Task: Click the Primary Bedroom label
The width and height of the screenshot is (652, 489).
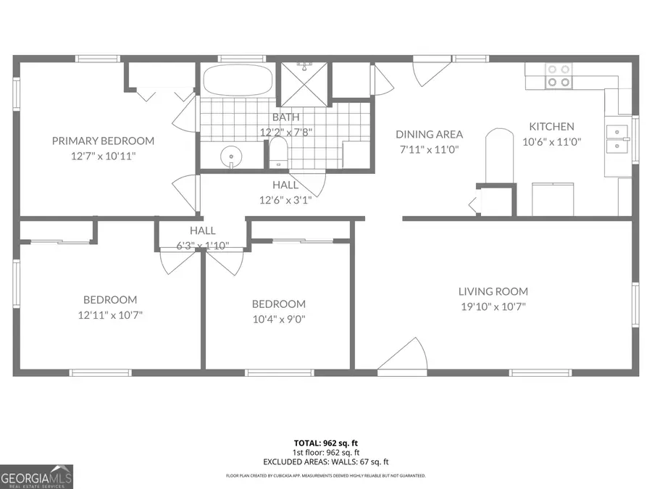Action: (x=103, y=141)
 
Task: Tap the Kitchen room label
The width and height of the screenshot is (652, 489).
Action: (x=551, y=127)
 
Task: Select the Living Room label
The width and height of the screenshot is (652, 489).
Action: (x=493, y=291)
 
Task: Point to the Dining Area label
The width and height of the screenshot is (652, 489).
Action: (x=429, y=134)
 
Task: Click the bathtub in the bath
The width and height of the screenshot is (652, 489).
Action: (x=237, y=80)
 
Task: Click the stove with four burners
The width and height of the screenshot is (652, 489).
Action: (x=557, y=76)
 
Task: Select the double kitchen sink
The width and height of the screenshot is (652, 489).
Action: (x=617, y=140)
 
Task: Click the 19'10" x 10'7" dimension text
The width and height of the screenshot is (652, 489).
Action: (x=493, y=306)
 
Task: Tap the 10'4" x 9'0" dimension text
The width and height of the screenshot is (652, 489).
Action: (x=279, y=319)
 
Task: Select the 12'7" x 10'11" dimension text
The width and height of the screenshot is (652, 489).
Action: (x=103, y=156)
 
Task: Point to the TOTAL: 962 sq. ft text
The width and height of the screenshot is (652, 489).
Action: (x=326, y=442)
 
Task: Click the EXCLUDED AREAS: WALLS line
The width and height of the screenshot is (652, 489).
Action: (x=326, y=461)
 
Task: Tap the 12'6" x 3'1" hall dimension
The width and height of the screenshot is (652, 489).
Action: (x=285, y=199)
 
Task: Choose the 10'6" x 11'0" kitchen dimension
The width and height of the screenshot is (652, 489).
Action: (x=552, y=143)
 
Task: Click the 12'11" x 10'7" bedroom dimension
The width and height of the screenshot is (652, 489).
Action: (x=110, y=314)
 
